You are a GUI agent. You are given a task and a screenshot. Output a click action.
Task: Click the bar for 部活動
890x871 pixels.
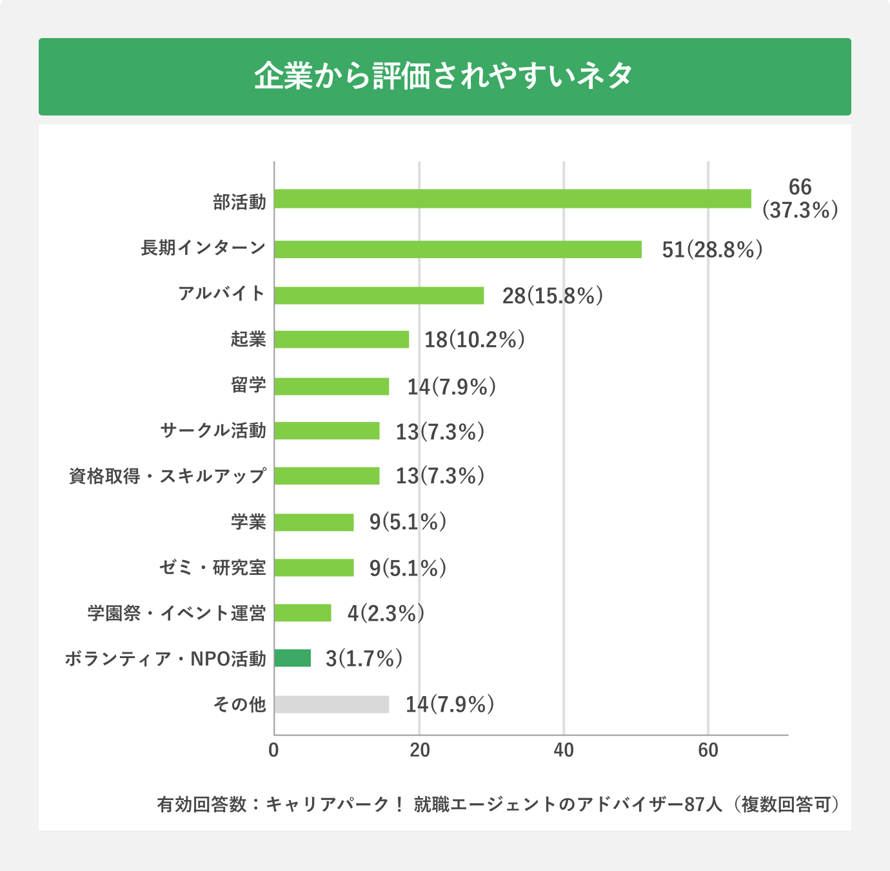click(x=513, y=199)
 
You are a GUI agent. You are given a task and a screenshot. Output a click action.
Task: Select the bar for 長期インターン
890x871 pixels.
click(x=458, y=249)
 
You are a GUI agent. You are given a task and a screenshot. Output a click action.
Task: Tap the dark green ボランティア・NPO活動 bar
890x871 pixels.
click(x=293, y=658)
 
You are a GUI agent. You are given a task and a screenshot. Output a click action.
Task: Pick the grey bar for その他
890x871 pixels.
click(x=331, y=705)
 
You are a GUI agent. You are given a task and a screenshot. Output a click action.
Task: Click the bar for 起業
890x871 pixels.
click(x=342, y=339)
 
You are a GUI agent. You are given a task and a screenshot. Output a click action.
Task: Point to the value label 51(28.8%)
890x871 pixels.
click(x=712, y=250)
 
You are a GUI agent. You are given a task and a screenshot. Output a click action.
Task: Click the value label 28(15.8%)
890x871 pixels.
click(x=553, y=295)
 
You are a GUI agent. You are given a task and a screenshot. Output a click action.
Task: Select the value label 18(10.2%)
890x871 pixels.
click(x=474, y=340)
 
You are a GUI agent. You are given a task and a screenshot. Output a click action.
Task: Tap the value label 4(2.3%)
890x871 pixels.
click(x=386, y=613)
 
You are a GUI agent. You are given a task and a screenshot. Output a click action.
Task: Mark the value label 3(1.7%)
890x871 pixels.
click(x=364, y=659)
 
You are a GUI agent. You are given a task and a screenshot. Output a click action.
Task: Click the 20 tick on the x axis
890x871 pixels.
click(x=419, y=750)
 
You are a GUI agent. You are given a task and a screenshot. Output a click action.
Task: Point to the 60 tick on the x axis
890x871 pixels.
click(x=708, y=750)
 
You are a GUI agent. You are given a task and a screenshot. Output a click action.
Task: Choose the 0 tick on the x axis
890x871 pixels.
click(x=274, y=750)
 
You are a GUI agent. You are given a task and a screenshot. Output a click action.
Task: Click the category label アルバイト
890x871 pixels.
click(x=222, y=294)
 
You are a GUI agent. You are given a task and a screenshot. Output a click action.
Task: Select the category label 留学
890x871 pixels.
click(x=248, y=385)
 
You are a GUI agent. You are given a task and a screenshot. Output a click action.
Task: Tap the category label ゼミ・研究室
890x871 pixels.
click(x=212, y=568)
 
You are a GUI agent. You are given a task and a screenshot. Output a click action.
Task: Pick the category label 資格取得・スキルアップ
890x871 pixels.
click(x=167, y=476)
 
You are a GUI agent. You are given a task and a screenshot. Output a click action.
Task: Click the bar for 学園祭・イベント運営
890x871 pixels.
click(x=302, y=613)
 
